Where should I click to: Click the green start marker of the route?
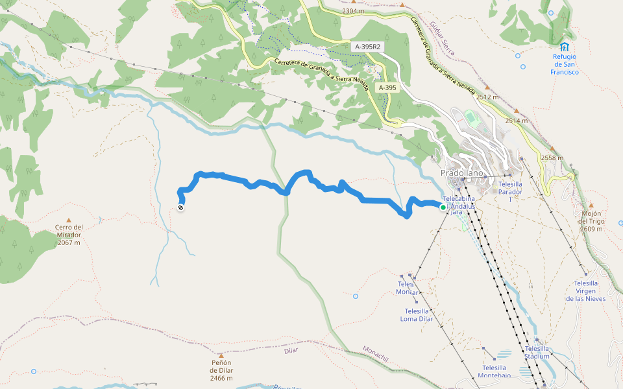point(443,207)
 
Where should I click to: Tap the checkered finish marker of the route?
point(180,207)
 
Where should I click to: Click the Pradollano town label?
point(462,174)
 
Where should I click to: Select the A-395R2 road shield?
point(367,47)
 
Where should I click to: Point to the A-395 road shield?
point(387,88)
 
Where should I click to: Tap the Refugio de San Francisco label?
point(565,64)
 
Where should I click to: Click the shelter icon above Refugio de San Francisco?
point(565,47)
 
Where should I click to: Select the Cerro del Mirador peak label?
point(69,235)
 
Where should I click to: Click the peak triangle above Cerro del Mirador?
point(69,220)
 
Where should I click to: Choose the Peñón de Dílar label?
point(222,370)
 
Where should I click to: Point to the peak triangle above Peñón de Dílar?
point(222,355)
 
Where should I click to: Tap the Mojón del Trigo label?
point(591,221)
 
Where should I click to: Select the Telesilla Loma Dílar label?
point(417,314)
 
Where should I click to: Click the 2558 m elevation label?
point(553,158)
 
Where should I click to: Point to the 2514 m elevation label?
point(517,121)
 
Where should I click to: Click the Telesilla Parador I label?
point(510,188)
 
